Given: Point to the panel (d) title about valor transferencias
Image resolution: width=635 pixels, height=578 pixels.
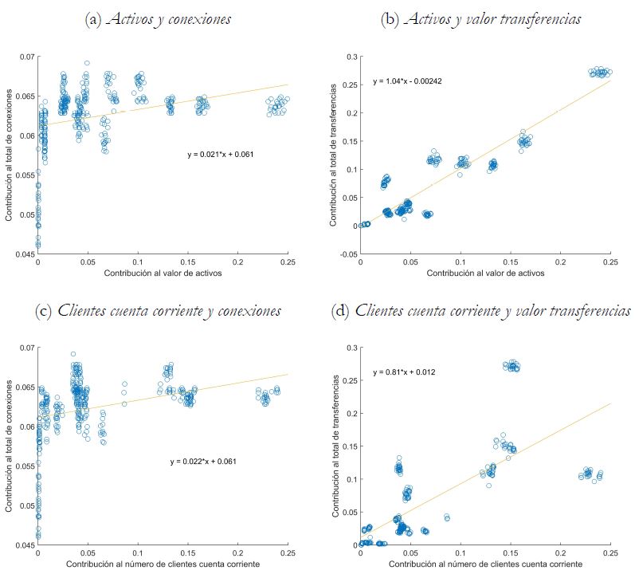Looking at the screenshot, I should (x=481, y=310).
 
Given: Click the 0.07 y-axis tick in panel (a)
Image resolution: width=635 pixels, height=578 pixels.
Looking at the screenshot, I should (x=27, y=57).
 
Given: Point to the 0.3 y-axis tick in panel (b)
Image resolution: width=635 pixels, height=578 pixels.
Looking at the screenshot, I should (x=351, y=57).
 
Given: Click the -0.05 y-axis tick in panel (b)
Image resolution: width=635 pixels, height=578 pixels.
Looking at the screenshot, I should (x=347, y=254).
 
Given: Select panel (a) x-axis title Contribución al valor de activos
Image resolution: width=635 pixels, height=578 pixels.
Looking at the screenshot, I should (x=163, y=273).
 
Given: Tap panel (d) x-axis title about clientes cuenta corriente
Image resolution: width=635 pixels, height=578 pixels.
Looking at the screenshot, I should (x=485, y=564).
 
